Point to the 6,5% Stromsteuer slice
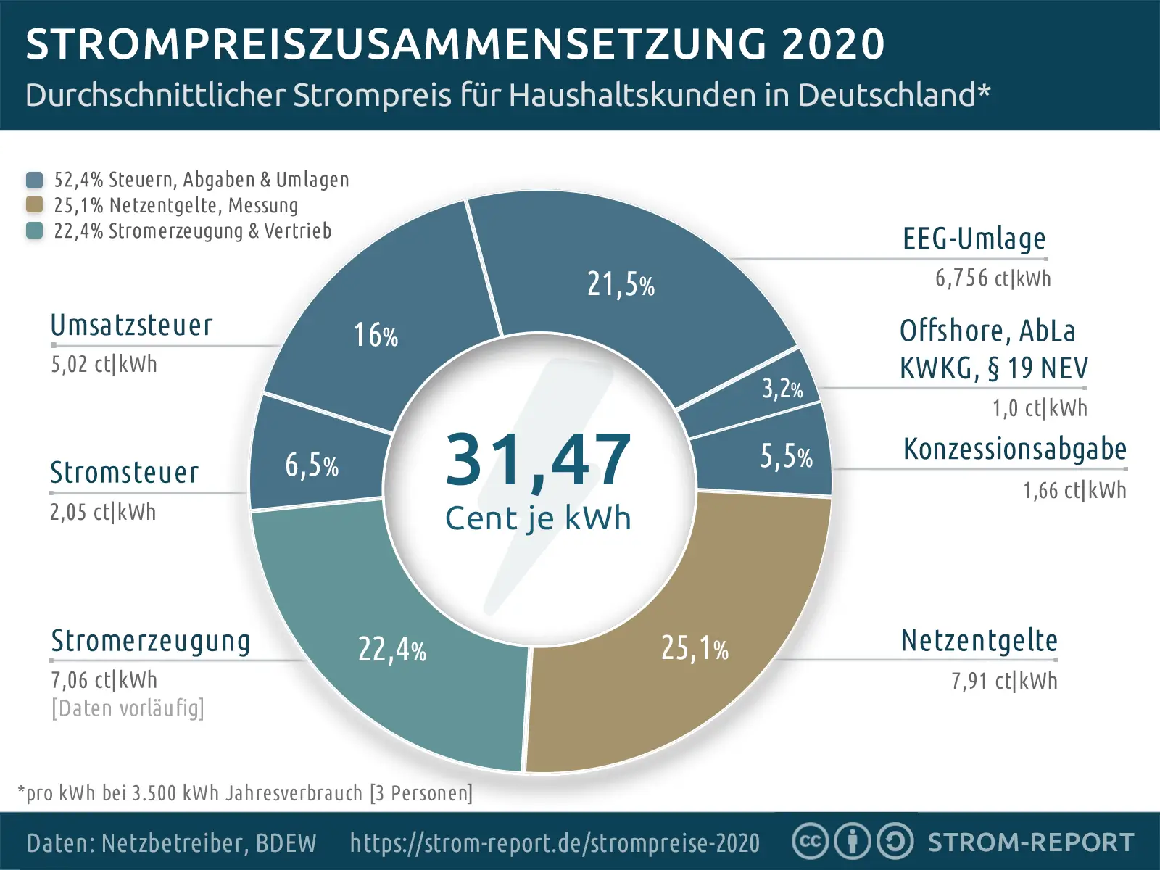coord(312,465)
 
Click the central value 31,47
coord(538,460)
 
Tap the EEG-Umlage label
coord(974,239)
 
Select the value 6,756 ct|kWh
coord(993,278)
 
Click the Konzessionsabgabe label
coord(1014,449)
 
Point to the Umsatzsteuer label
coord(132,326)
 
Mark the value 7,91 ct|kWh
coord(1004,681)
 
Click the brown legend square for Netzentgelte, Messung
coord(34,204)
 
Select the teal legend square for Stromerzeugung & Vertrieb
coord(34,231)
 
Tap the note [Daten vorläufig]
coord(128,708)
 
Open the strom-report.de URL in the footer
coord(555,842)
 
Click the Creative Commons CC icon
coord(810,842)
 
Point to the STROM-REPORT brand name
coord(1031,842)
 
